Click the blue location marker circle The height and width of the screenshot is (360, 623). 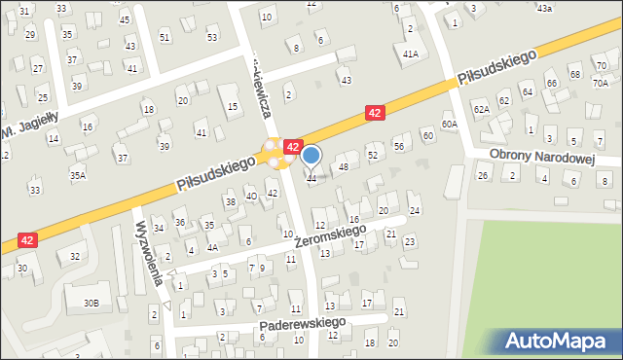click(x=311, y=155)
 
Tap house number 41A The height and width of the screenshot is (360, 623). click(x=410, y=54)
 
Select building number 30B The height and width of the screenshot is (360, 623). click(x=90, y=303)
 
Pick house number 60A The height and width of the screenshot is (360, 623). click(x=449, y=125)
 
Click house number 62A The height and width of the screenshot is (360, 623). click(x=481, y=109)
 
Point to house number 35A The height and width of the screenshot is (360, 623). click(x=77, y=175)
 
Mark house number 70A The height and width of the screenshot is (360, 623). click(x=600, y=84)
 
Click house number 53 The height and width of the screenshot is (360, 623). click(x=212, y=37)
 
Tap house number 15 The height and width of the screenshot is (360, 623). click(x=232, y=105)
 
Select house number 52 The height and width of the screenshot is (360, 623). click(x=372, y=156)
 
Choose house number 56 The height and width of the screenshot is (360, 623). click(x=398, y=145)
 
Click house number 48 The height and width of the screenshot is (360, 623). click(x=343, y=167)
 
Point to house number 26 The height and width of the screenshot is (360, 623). click(x=483, y=175)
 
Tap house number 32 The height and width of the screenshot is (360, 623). click(x=74, y=256)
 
